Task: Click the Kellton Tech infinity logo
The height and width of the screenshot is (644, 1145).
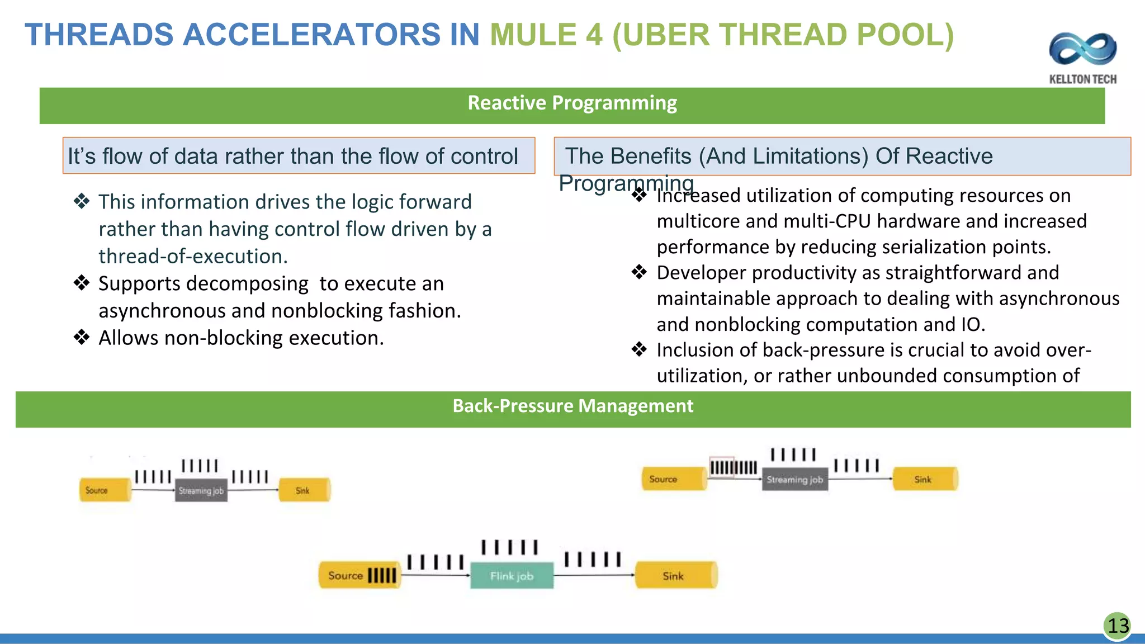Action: click(x=1082, y=49)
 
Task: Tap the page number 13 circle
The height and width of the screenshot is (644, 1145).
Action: click(x=1118, y=626)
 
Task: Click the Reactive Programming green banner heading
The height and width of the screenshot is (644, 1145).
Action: click(x=572, y=103)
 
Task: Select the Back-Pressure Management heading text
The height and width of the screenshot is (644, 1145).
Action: click(x=572, y=406)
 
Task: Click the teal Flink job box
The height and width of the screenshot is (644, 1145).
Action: click(x=512, y=576)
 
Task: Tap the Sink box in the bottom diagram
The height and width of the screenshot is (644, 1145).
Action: click(x=675, y=576)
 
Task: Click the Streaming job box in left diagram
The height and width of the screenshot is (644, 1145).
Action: click(x=201, y=490)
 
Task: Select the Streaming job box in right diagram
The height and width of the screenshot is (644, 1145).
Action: click(x=794, y=480)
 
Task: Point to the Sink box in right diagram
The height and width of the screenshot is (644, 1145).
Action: click(x=925, y=479)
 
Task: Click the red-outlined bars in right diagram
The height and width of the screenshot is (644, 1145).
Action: click(x=721, y=467)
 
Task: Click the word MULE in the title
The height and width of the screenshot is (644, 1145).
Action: click(x=533, y=35)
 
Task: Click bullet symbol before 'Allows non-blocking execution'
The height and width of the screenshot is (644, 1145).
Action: click(x=82, y=338)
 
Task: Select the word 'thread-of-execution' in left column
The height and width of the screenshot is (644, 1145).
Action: click(x=193, y=257)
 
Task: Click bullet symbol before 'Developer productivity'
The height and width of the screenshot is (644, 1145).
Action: click(x=639, y=273)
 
